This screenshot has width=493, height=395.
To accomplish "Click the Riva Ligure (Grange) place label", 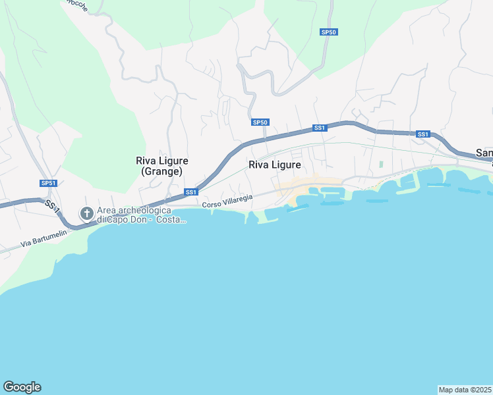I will (x=162, y=166).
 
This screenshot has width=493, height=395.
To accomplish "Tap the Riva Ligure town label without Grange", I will (x=275, y=165).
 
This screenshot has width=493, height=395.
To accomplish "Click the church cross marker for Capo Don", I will (x=86, y=213).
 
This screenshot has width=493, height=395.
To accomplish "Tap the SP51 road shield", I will (x=47, y=183).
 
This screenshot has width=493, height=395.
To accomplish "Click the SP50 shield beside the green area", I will (x=329, y=32).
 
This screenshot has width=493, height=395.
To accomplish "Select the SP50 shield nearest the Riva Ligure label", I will (x=260, y=122).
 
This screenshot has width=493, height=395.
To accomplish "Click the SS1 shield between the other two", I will (x=320, y=128).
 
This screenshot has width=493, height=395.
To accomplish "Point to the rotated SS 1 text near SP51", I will (x=53, y=205).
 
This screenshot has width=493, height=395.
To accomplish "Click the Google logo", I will (x=22, y=387).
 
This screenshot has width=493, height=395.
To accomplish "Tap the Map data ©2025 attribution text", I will (x=465, y=389).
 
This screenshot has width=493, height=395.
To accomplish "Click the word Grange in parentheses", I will (x=162, y=171).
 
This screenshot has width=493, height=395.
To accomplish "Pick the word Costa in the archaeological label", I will (x=171, y=219).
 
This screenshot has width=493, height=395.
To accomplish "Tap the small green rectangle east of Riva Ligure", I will (x=381, y=164).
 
